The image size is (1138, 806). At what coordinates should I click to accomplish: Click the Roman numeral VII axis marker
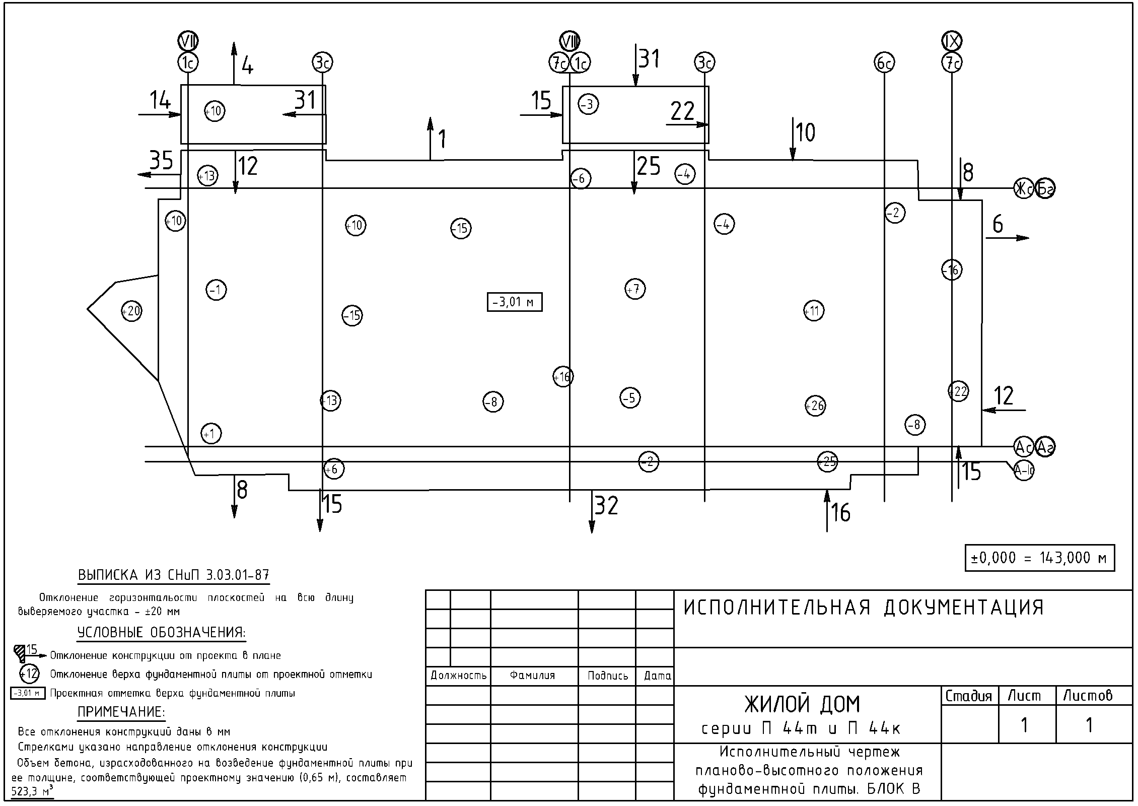[x=188, y=41]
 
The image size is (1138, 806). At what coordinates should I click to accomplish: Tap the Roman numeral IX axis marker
[x=952, y=41]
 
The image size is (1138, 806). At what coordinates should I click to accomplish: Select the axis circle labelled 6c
[x=884, y=63]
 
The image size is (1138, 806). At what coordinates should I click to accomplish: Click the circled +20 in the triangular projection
[x=131, y=311]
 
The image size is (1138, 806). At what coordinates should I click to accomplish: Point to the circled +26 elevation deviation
[x=815, y=406]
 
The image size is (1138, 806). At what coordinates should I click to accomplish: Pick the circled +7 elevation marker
[x=635, y=289]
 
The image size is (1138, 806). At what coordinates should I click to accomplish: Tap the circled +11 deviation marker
[x=814, y=311]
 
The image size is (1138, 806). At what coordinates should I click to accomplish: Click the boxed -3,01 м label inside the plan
[x=514, y=302]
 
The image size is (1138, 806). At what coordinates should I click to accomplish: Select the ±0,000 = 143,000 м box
[x=1039, y=558]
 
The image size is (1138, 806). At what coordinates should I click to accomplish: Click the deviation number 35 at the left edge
[x=161, y=161]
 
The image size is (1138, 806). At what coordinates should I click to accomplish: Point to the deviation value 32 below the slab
[x=606, y=506]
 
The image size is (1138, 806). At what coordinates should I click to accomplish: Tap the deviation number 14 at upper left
[x=161, y=101]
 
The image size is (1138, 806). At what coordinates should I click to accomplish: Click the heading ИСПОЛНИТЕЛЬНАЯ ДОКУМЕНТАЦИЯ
[x=864, y=608]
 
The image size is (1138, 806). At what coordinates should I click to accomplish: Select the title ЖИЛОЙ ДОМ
[x=802, y=704]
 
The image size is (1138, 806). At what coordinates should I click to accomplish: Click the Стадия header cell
[x=969, y=696]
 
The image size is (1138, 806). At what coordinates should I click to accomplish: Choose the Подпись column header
[x=607, y=676]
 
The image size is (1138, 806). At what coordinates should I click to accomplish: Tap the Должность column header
[x=458, y=676]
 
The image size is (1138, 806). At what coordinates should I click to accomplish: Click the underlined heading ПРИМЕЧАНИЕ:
[x=121, y=712]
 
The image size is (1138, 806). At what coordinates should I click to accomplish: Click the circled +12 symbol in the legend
[x=30, y=674]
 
